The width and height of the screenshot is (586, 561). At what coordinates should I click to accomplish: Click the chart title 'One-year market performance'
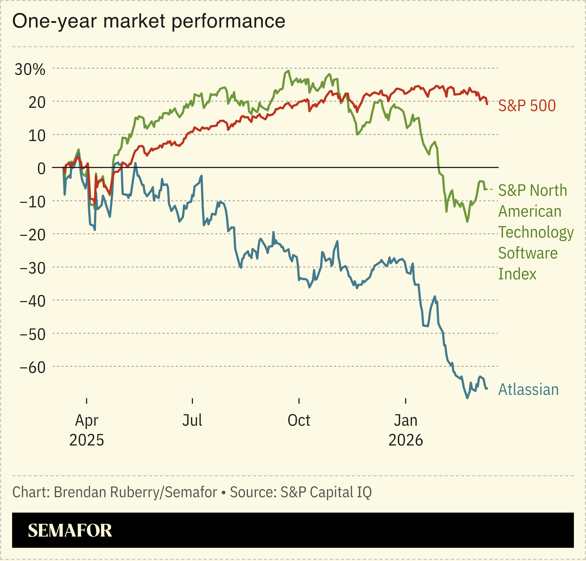pyautogui.click(x=148, y=21)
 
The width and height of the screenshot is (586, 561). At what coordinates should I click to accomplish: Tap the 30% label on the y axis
pyautogui.click(x=30, y=70)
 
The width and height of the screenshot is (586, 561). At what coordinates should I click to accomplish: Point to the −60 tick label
pyautogui.click(x=33, y=367)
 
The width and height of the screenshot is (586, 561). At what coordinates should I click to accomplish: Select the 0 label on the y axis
pyautogui.click(x=41, y=169)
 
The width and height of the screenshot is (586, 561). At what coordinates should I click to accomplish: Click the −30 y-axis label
pyautogui.click(x=33, y=268)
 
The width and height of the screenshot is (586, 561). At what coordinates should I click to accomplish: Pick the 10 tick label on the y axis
pyautogui.click(x=37, y=136)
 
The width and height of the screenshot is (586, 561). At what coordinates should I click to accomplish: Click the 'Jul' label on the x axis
pyautogui.click(x=192, y=420)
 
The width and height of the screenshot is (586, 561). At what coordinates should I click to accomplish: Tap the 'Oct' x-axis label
pyautogui.click(x=298, y=420)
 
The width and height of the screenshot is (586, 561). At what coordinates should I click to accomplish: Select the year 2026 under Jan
pyautogui.click(x=405, y=440)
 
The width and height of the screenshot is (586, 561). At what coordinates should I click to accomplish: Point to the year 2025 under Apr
pyautogui.click(x=87, y=440)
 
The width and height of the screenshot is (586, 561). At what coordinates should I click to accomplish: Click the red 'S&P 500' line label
pyautogui.click(x=527, y=106)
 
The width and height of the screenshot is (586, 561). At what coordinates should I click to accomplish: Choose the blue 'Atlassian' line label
pyautogui.click(x=528, y=390)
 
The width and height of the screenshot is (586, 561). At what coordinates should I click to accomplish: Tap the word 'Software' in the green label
pyautogui.click(x=528, y=253)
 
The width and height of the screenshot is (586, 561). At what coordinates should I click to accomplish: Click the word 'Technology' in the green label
pyautogui.click(x=536, y=232)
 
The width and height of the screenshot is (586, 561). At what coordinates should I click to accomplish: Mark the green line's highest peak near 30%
pyautogui.click(x=288, y=71)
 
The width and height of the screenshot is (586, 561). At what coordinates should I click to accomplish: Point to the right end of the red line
pyautogui.click(x=487, y=104)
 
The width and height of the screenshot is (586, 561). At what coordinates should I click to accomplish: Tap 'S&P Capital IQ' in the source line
pyautogui.click(x=326, y=492)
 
